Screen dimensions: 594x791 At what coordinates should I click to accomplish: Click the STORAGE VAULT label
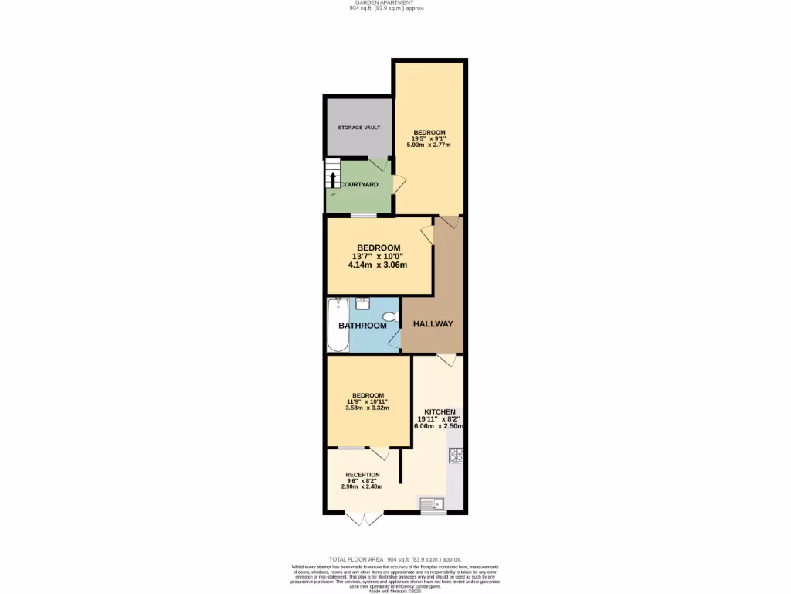[364, 127]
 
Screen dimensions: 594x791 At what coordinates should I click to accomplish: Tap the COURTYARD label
[359, 184]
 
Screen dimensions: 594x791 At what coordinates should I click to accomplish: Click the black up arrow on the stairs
[333, 180]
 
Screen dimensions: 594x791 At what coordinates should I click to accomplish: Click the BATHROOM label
[362, 326]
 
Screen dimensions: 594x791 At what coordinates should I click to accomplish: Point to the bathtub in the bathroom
[338, 325]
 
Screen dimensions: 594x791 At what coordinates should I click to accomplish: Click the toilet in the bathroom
[390, 316]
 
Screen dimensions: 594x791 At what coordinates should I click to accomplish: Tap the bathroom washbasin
[362, 303]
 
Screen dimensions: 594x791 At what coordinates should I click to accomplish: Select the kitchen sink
[432, 504]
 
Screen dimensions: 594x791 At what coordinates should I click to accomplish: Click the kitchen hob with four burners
[456, 455]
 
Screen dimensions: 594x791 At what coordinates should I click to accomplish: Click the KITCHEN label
[440, 411]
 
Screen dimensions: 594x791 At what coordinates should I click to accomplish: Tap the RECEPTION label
[362, 475]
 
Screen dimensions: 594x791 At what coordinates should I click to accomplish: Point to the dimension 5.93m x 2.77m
[429, 145]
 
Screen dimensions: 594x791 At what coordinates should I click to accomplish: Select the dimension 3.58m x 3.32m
[367, 408]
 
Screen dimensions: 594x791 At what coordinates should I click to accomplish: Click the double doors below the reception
[363, 518]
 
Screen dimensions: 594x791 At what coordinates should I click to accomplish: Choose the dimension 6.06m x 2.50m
[440, 426]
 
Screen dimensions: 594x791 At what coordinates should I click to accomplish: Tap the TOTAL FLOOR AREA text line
[395, 558]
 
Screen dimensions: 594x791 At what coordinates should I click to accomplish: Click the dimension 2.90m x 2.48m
[362, 486]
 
